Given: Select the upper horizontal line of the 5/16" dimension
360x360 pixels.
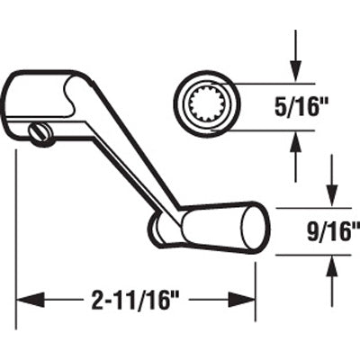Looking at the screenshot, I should click(270, 83).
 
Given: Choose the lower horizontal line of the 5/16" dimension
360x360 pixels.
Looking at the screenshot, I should click(270, 130).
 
